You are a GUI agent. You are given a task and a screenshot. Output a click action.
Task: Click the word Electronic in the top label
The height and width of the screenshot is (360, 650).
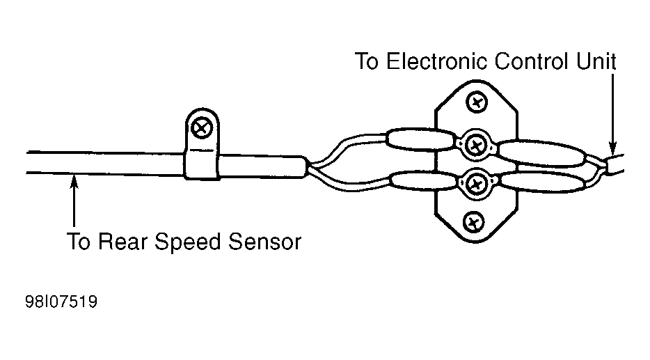pyautogui.click(x=436, y=61)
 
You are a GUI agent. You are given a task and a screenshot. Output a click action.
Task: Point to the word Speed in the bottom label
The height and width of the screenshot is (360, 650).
pyautogui.click(x=187, y=242)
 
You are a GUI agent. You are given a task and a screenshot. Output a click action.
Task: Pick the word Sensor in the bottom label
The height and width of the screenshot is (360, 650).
pyautogui.click(x=265, y=242)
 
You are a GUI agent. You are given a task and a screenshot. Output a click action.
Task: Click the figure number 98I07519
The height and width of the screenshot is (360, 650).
pyautogui.click(x=61, y=302)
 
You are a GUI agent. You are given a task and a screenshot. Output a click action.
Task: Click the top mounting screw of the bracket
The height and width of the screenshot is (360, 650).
pyautogui.click(x=477, y=102)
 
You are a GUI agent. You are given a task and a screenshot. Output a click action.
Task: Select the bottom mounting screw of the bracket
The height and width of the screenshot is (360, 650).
pyautogui.click(x=473, y=223)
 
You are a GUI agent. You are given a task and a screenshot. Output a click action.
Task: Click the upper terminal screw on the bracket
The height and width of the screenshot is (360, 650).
pyautogui.click(x=476, y=145)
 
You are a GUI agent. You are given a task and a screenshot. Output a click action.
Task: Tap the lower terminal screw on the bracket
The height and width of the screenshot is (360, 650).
pyautogui.click(x=476, y=183)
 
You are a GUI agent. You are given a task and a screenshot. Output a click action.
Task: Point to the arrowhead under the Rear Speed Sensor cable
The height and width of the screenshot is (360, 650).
pyautogui.click(x=74, y=181)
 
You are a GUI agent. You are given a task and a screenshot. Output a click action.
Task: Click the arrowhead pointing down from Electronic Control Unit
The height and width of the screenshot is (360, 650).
pyautogui.click(x=612, y=149)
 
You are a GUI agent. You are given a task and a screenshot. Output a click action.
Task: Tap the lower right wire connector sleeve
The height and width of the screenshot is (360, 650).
pyautogui.click(x=544, y=182)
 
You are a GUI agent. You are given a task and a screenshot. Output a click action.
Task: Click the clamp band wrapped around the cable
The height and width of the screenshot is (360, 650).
pyautogui.click(x=201, y=164)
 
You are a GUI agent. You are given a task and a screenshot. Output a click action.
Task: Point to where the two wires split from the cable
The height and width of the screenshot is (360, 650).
pyautogui.click(x=309, y=168)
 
